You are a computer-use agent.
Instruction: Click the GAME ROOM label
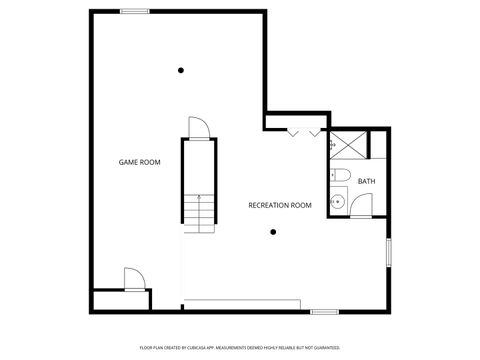pos(140,161)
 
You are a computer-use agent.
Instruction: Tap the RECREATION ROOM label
pos(280,205)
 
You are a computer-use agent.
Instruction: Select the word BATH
pos(367,181)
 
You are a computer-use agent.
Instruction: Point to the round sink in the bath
pos(338,202)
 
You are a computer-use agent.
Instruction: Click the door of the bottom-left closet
pos(132,278)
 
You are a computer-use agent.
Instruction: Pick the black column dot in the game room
pos(181,70)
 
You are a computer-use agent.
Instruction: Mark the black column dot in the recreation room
pos(272,232)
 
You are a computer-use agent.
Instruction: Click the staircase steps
pos(200,211)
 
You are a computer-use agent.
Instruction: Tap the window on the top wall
pos(135,11)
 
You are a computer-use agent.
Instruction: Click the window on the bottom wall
pos(325,312)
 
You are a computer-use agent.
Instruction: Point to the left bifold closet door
pos(292,131)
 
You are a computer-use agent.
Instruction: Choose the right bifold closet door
pos(316,131)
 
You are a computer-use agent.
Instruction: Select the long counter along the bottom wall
pos(243,302)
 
